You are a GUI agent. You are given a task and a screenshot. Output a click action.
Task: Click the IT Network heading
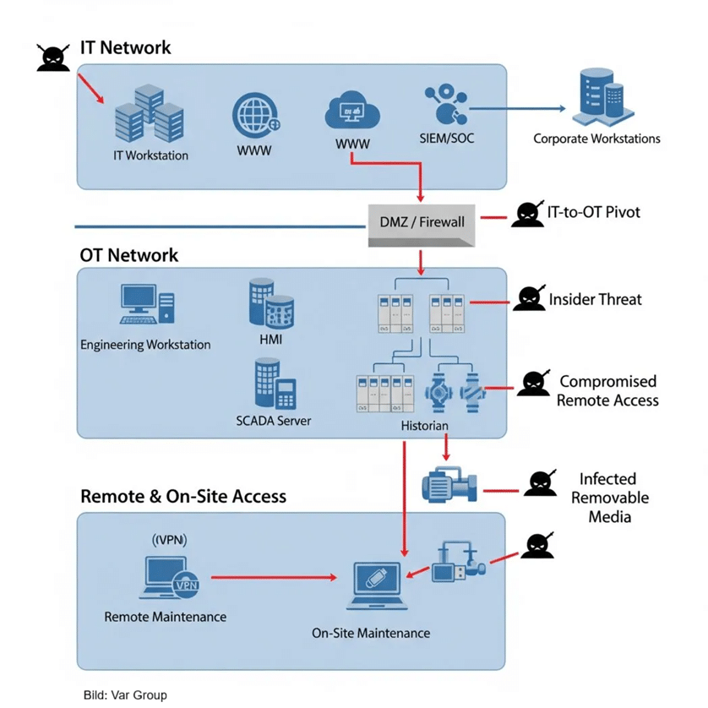(125, 47)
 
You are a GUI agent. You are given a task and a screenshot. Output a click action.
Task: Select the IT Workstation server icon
(148, 114)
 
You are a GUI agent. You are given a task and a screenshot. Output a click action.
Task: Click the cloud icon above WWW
(353, 112)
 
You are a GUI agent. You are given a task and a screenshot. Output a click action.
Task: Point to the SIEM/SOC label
(448, 138)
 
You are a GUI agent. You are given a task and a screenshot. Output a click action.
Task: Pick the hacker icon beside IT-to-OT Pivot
(526, 215)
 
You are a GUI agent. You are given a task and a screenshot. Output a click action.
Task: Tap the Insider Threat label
(595, 299)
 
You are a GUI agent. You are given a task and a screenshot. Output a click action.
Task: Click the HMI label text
(271, 339)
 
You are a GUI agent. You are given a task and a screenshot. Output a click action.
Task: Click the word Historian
(424, 427)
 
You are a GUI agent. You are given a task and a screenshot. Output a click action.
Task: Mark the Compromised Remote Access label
(607, 391)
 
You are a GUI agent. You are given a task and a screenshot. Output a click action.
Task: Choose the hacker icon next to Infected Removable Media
(540, 484)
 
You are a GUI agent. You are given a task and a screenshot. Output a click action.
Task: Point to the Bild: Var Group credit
(124, 695)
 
